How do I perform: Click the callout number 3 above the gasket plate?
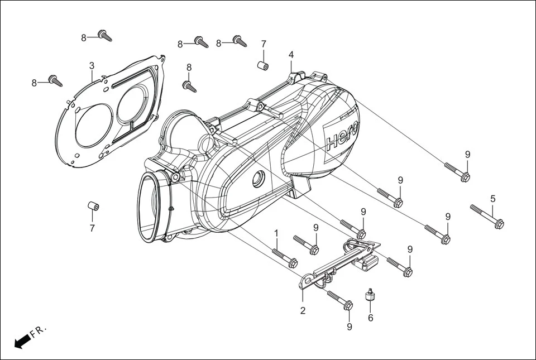pyautogui.click(x=92, y=66)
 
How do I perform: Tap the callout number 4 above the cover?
pyautogui.click(x=291, y=55)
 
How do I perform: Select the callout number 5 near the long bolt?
pyautogui.click(x=492, y=199)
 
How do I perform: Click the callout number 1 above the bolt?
pyautogui.click(x=276, y=233)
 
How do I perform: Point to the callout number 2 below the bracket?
pyautogui.click(x=303, y=311)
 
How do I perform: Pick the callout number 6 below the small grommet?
pyautogui.click(x=370, y=318)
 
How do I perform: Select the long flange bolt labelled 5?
pyautogui.click(x=487, y=216)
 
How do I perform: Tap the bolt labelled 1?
pyautogui.click(x=285, y=258)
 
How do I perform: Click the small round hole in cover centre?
pyautogui.click(x=258, y=180)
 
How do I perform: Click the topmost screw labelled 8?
pyautogui.click(x=105, y=36)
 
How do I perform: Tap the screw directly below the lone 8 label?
pyautogui.click(x=189, y=87)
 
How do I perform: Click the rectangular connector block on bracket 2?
pyautogui.click(x=368, y=262)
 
